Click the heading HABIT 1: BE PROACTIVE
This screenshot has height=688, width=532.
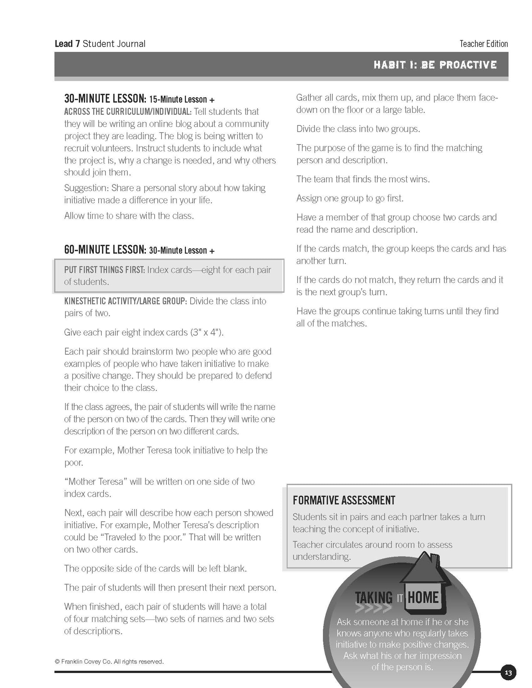[x=435, y=65]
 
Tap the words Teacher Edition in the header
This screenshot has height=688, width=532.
[x=483, y=44]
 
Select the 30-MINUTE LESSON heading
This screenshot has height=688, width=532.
[x=105, y=99]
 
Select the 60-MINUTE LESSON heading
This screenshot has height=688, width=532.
[x=105, y=250]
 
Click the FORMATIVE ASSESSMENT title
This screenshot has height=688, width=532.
[x=344, y=500]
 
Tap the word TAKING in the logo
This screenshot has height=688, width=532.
[x=374, y=598]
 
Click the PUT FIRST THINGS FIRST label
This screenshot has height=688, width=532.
[x=104, y=270]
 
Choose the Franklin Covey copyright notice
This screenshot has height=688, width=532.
[x=109, y=662]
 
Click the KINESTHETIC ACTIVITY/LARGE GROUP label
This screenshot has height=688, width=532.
[x=125, y=301]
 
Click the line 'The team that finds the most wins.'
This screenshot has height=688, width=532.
[x=363, y=179]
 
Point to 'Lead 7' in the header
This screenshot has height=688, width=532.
[x=67, y=44]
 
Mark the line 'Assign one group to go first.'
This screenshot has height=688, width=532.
[x=350, y=198]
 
